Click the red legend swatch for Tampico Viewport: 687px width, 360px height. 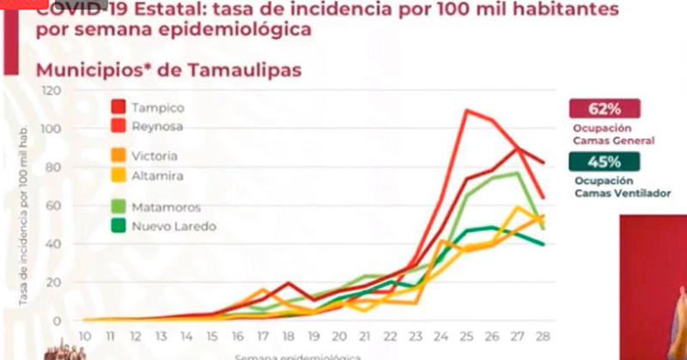coord(119,107)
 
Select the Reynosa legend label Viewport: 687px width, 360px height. coord(157,125)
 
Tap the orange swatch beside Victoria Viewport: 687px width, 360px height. coord(119,156)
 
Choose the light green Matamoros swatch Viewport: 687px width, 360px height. coord(119,207)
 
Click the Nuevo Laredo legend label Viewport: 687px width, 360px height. coord(169,226)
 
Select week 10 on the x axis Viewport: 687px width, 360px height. coord(85,334)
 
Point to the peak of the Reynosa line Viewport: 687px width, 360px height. coord(465,110)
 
